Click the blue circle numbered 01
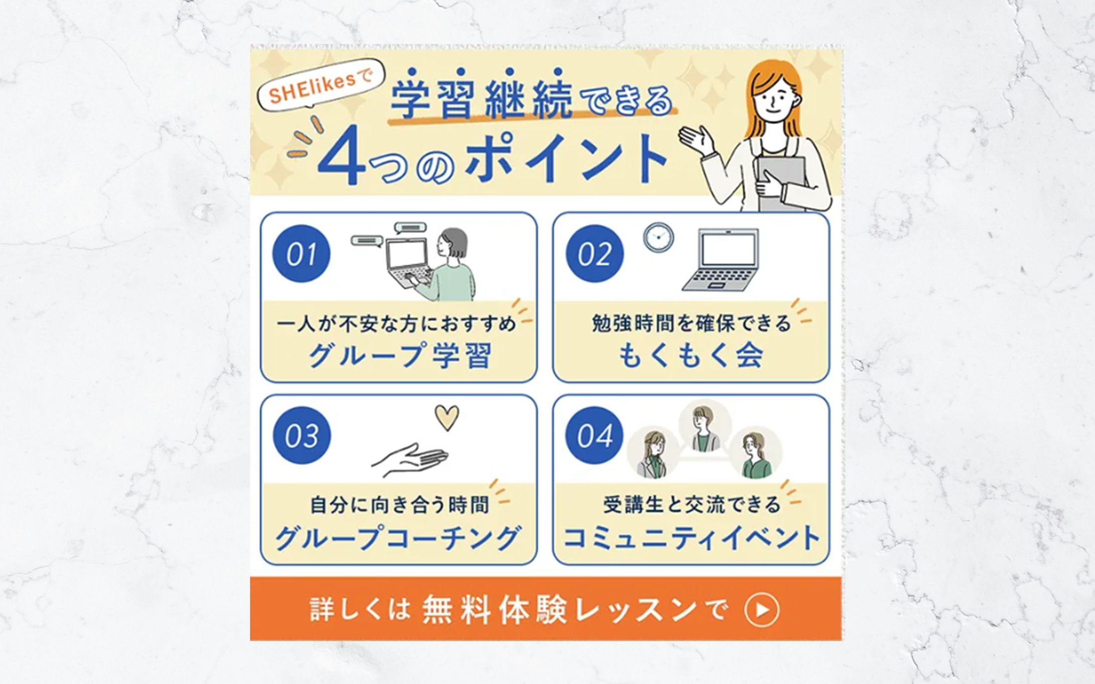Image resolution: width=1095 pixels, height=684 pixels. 301,254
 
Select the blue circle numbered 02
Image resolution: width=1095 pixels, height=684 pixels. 595,254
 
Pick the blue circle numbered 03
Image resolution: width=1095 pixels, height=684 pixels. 301,435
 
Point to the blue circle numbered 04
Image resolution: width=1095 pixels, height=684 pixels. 595,435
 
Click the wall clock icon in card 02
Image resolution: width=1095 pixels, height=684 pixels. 658,237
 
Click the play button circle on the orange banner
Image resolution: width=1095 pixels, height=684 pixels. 762,610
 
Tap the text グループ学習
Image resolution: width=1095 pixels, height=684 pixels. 400,355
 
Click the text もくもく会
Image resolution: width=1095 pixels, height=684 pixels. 690,355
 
